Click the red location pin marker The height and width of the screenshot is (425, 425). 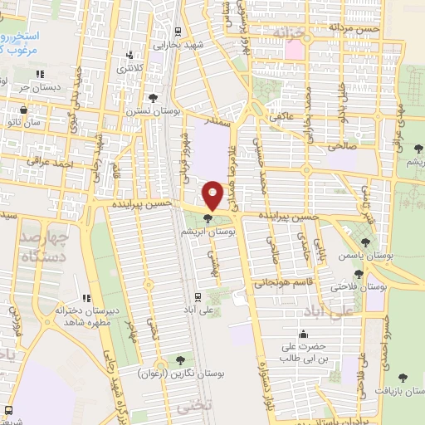point(213,195)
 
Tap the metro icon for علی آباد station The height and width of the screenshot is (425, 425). point(197,296)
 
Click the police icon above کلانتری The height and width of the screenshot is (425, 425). point(128,56)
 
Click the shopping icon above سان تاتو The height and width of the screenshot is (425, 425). point(22,110)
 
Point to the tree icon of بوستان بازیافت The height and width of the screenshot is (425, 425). point(403,378)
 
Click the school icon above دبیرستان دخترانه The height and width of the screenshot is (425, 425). point(85,298)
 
